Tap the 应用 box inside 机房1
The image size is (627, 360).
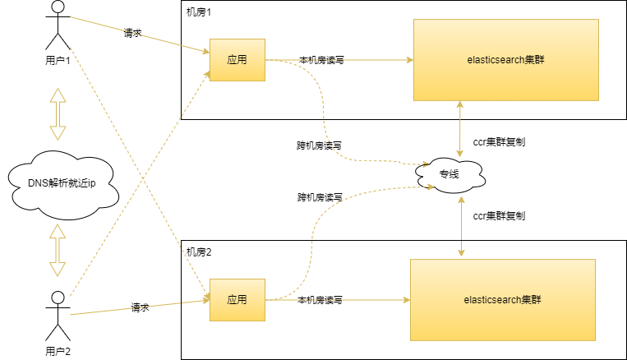tap(237, 60)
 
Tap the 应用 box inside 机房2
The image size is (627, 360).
tap(237, 300)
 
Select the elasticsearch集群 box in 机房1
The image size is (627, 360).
tap(505, 59)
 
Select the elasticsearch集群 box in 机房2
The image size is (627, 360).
tap(501, 299)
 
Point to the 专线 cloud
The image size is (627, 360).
tap(449, 174)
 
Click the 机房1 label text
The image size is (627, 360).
tap(200, 12)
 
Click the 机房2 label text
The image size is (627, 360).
tap(200, 251)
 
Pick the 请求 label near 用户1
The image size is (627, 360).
tap(133, 35)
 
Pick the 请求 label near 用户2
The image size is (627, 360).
tap(140, 308)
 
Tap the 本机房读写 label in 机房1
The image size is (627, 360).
tap(322, 60)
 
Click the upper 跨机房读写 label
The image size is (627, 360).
tap(319, 145)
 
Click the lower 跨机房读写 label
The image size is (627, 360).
tap(320, 198)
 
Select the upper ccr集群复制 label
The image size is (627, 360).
tap(500, 142)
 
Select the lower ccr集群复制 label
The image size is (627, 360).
tap(500, 216)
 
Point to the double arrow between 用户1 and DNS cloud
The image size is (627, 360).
tap(58, 114)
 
